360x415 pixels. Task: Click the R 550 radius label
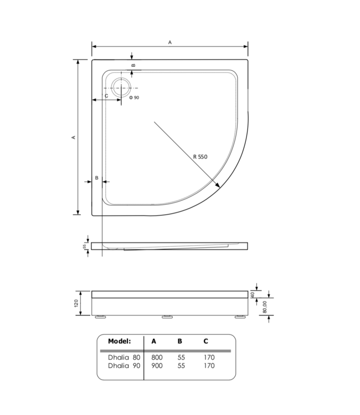click(200, 157)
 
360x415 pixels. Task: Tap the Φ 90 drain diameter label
click(134, 98)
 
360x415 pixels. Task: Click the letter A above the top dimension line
click(170, 42)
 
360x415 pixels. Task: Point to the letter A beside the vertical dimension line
click(73, 137)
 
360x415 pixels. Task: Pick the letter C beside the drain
click(106, 96)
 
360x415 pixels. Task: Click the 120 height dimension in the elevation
click(81, 303)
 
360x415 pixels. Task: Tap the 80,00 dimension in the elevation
click(265, 305)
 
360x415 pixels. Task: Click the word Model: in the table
click(120, 341)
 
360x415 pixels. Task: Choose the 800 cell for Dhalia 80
click(157, 357)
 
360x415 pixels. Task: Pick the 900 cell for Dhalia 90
click(157, 366)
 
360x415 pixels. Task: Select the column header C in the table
click(206, 341)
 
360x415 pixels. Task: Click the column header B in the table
click(180, 341)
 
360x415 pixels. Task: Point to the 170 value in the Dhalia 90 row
click(208, 366)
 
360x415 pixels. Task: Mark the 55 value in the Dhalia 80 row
click(181, 357)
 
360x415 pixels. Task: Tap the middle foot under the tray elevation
click(166, 317)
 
